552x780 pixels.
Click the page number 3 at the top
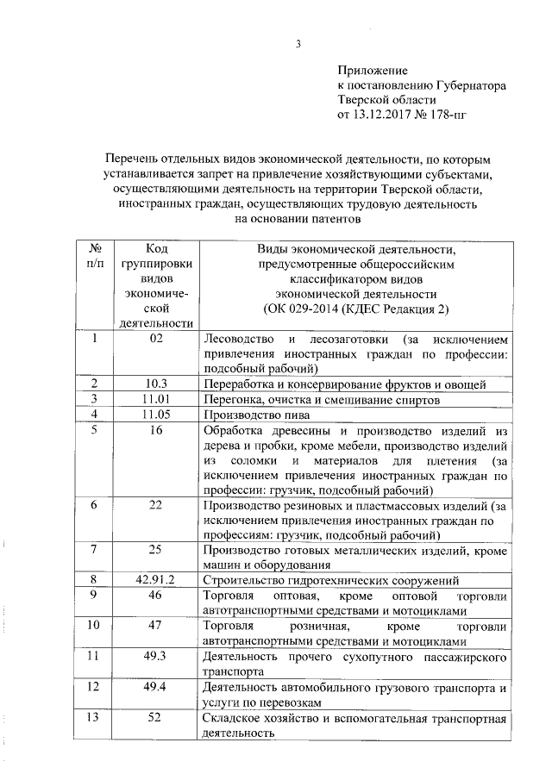pos(297,44)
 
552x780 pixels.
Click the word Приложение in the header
pos(372,70)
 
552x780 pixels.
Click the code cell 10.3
pos(155,384)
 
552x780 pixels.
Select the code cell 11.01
pos(155,400)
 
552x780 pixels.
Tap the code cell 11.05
pos(155,415)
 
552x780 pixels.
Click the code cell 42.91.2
pos(155,580)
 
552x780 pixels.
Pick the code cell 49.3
pos(155,656)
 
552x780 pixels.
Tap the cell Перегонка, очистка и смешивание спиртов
pos(323,400)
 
